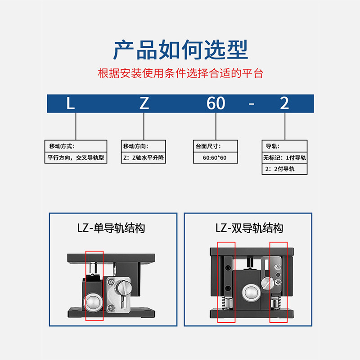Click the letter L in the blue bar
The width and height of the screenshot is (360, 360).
coord(71,103)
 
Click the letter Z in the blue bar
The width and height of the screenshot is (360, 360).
coord(144,103)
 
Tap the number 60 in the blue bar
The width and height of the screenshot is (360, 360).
coord(216,103)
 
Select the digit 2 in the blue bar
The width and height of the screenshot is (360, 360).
coord(284,103)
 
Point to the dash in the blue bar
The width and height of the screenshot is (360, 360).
coord(252,104)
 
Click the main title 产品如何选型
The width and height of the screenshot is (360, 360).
coord(180,49)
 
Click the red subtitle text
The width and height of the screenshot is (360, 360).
coord(180,73)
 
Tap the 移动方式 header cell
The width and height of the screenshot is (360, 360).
coord(76,146)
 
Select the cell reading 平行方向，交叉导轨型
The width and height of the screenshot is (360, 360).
coord(76,158)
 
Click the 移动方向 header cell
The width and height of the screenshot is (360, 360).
coord(144,146)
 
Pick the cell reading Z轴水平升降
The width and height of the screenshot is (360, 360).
coord(144,158)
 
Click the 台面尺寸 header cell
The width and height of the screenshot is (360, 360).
coord(216,146)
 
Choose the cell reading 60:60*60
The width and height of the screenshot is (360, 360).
coord(216,158)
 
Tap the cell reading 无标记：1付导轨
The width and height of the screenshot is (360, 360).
coord(284,158)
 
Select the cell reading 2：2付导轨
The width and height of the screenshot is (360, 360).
coord(284,169)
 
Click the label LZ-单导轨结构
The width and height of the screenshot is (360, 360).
coord(111,228)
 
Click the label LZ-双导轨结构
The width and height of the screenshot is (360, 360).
coord(249,228)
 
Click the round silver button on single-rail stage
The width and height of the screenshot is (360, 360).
coord(93,302)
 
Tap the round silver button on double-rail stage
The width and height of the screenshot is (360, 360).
coord(251,293)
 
